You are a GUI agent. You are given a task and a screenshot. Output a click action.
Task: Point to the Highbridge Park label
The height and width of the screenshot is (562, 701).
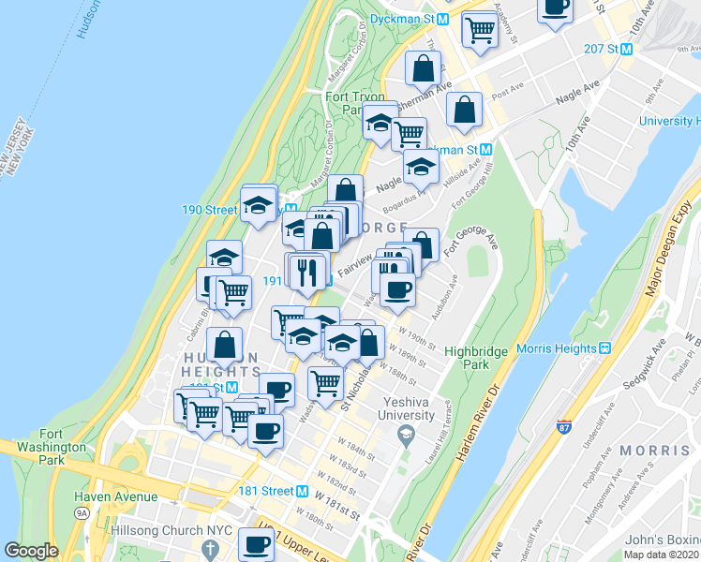point(476,357)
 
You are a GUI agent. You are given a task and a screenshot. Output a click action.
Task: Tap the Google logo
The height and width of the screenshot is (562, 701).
point(31,551)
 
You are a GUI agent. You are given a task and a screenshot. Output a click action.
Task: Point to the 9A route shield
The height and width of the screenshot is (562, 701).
point(82,512)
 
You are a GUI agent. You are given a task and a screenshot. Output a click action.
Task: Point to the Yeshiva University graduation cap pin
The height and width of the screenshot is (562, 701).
point(406,433)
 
